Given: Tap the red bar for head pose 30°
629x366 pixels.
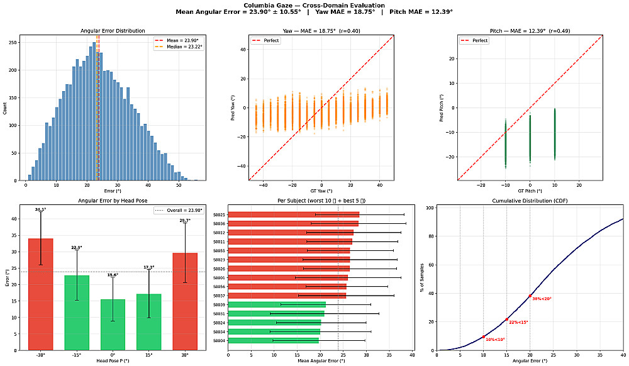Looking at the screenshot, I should tap(185, 301).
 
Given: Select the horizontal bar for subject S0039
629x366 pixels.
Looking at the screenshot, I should tap(277, 304).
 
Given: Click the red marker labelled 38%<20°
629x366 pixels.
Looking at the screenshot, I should tap(530, 296).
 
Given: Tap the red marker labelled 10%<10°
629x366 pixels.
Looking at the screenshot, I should tap(483, 336).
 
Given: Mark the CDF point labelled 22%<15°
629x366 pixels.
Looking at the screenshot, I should tap(506, 319).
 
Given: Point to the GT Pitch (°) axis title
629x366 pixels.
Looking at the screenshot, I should tap(530, 190).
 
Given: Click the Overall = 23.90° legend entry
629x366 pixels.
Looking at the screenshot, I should tap(181, 210).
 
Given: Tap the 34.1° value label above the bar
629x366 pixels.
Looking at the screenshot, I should tap(40, 209).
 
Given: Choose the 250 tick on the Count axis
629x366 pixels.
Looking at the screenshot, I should tap(13, 43).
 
